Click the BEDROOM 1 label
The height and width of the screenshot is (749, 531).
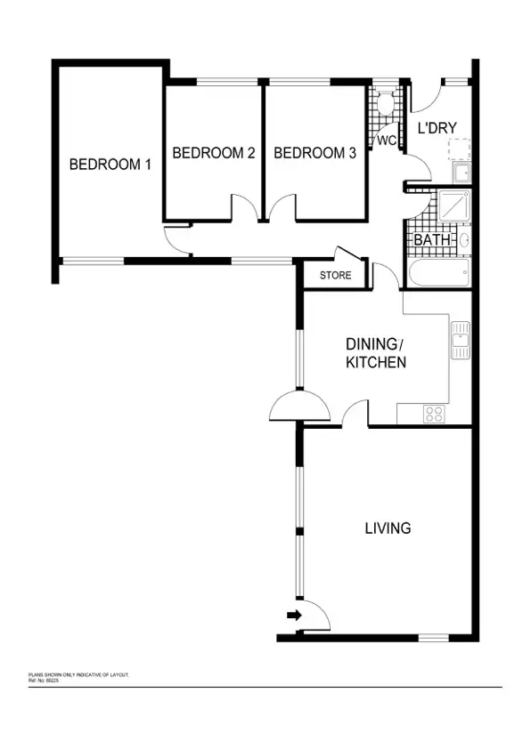[110, 164]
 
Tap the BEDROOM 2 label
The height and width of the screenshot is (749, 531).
[214, 153]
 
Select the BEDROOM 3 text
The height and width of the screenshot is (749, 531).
[315, 153]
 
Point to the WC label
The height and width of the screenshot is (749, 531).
[386, 141]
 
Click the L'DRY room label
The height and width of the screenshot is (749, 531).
[437, 130]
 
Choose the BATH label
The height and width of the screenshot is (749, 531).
[431, 240]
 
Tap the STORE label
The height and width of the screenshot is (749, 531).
[335, 276]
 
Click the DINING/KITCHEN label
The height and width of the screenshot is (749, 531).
[376, 353]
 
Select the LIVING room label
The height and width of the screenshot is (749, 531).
[388, 528]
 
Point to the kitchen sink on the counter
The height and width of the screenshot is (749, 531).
[461, 338]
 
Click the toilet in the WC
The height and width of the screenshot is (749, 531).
[385, 105]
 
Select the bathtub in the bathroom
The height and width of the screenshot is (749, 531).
[437, 273]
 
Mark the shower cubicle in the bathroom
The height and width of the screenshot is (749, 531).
[453, 207]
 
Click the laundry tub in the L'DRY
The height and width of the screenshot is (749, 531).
[462, 172]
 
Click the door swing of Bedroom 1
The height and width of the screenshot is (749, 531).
[176, 239]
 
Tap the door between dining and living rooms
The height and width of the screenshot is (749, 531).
[355, 414]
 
